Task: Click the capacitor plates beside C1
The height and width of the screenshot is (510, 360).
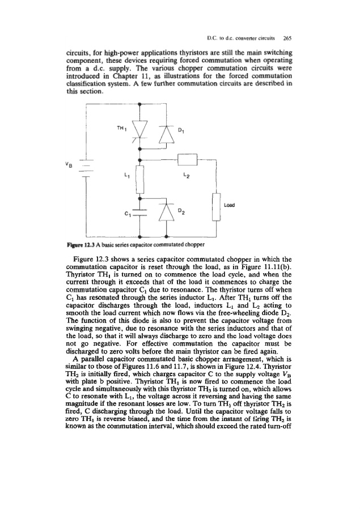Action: coord(139,214)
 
